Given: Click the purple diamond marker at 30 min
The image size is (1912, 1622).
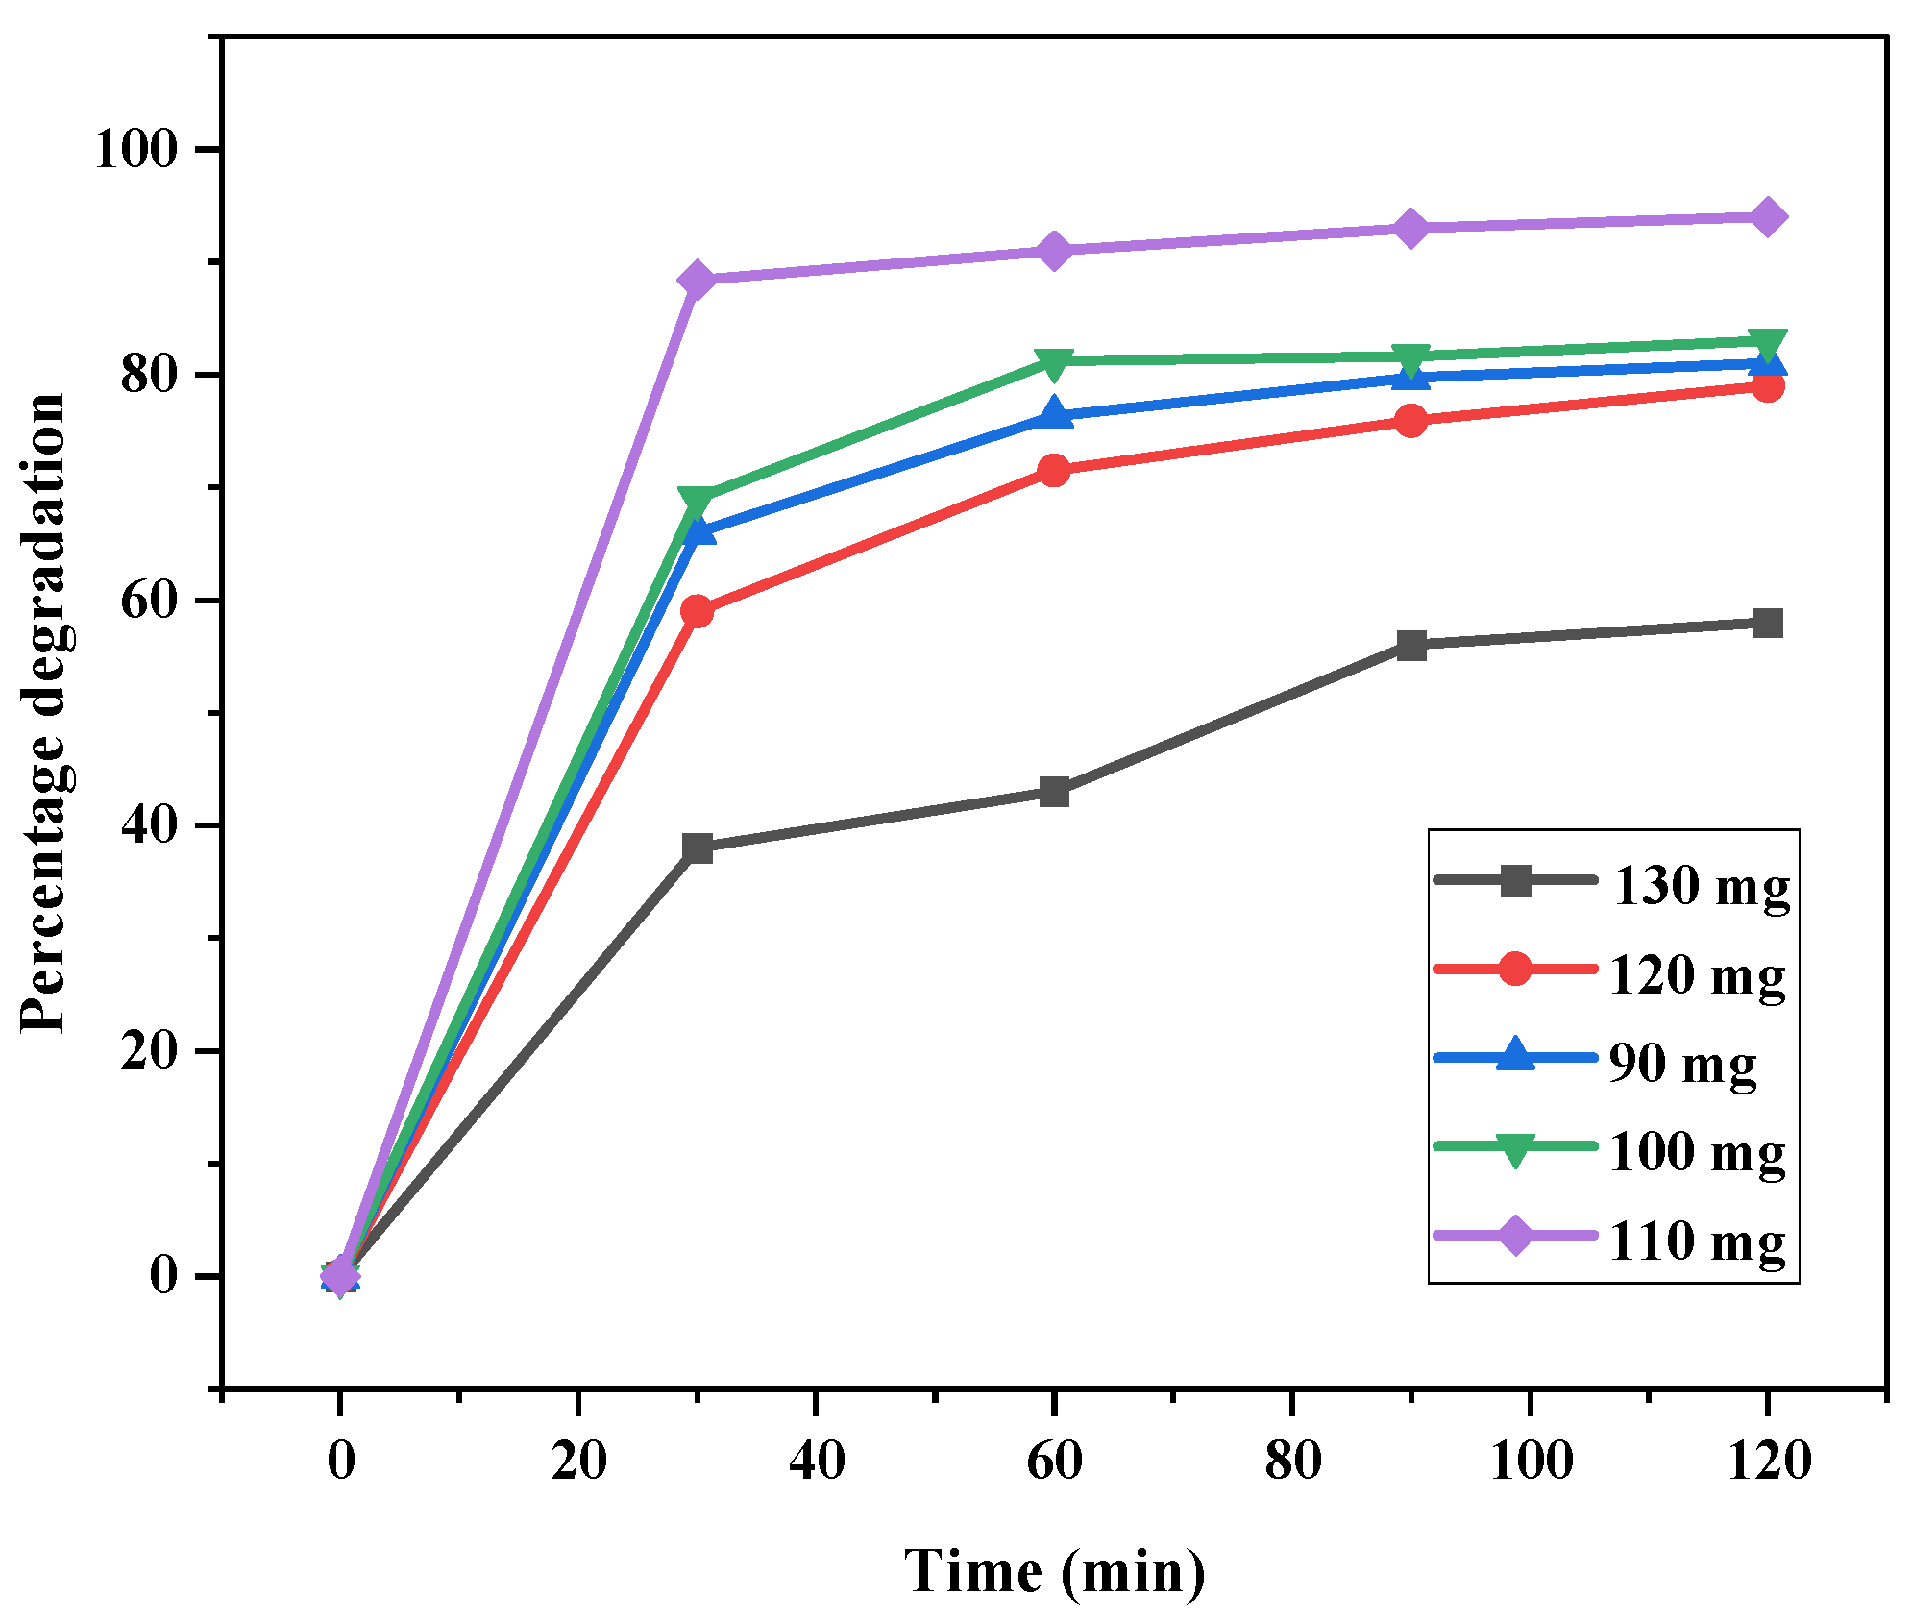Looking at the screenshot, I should pyautogui.click(x=697, y=280).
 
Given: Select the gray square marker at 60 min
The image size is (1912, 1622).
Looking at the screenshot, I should pyautogui.click(x=1054, y=793).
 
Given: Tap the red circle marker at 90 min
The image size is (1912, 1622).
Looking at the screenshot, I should pyautogui.click(x=1410, y=421).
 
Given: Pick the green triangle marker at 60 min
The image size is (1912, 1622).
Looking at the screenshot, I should pyautogui.click(x=1054, y=362).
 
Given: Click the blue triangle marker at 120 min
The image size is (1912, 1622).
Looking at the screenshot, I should pyautogui.click(x=1767, y=363).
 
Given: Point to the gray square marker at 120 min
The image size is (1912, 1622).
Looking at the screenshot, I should pyautogui.click(x=1767, y=623).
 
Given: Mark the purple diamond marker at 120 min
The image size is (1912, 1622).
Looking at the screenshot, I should pyautogui.click(x=1767, y=217).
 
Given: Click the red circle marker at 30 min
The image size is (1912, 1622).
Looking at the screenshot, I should pyautogui.click(x=697, y=611).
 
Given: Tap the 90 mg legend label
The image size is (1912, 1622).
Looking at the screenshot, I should pyautogui.click(x=1682, y=1063).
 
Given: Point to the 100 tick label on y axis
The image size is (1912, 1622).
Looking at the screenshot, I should pyautogui.click(x=136, y=150).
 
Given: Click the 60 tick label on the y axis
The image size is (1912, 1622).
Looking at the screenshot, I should pyautogui.click(x=150, y=601).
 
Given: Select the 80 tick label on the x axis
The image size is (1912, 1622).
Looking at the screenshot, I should pyautogui.click(x=1292, y=1462).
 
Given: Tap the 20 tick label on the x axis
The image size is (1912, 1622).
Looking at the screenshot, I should pyautogui.click(x=578, y=1462).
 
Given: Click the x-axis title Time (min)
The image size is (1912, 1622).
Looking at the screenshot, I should pyautogui.click(x=1054, y=1572).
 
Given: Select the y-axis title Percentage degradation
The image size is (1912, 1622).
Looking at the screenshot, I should pyautogui.click(x=43, y=712).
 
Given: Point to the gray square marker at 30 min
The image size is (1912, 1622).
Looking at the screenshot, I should pyautogui.click(x=697, y=848).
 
